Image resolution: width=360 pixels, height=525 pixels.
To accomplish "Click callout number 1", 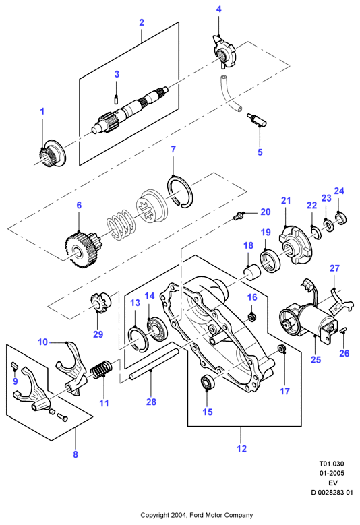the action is click(x=42, y=111).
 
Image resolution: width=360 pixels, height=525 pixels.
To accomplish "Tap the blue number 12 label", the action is click(x=241, y=449).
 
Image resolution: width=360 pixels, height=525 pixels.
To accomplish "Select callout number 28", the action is click(x=151, y=402).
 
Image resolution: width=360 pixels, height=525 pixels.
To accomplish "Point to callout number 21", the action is click(x=286, y=201).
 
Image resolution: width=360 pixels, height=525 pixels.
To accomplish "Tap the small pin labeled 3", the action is click(x=116, y=100).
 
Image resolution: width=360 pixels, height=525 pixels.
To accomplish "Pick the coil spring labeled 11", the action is click(x=101, y=369).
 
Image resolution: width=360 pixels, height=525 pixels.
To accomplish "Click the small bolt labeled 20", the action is click(x=238, y=216).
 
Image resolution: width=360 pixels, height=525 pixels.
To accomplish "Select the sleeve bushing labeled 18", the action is click(x=253, y=271).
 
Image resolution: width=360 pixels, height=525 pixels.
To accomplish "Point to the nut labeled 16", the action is click(x=252, y=316).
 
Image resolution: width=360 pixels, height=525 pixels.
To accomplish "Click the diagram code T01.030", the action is click(x=331, y=464).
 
